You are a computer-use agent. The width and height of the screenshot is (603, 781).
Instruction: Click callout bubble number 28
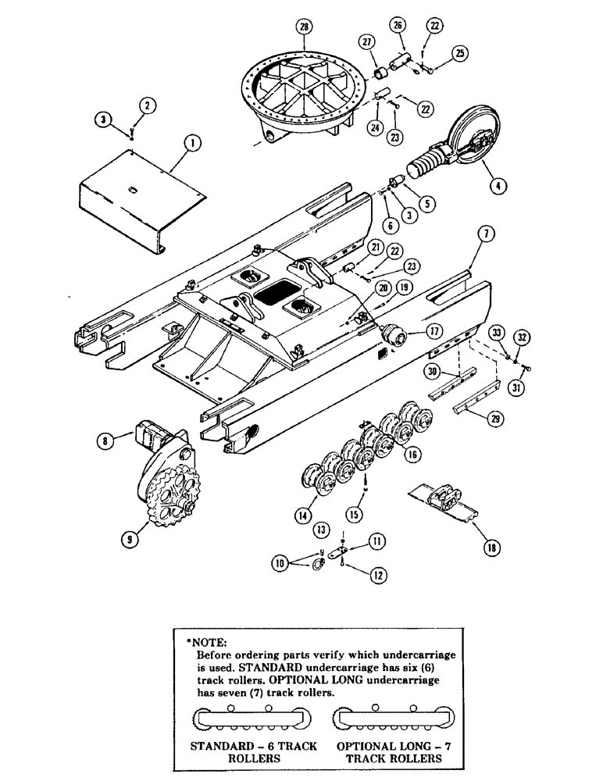point(303,28)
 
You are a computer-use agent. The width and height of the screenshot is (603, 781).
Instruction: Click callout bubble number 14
point(303,514)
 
